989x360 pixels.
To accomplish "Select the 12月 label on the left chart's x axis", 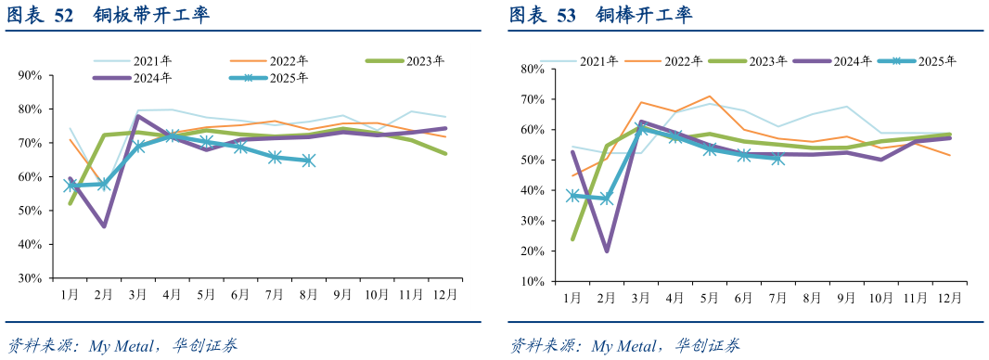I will coord(445,294).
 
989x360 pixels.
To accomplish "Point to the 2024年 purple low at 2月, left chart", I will coord(104,225).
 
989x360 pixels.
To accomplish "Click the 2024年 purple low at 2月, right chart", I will coord(607,251).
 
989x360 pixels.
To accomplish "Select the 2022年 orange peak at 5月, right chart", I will coord(710,96).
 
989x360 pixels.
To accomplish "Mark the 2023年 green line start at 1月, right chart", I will coord(572,238).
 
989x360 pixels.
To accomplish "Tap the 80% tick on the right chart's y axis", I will coord(532,69).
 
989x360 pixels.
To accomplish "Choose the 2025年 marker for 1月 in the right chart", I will coord(573,196).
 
